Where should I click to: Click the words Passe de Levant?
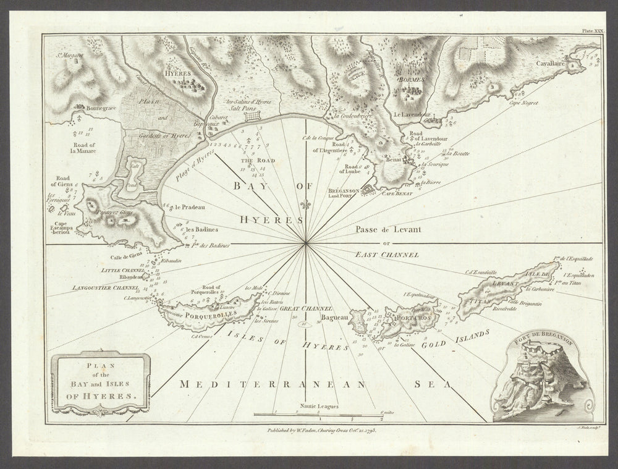(x=387, y=229)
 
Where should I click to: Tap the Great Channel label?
(x=307, y=308)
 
